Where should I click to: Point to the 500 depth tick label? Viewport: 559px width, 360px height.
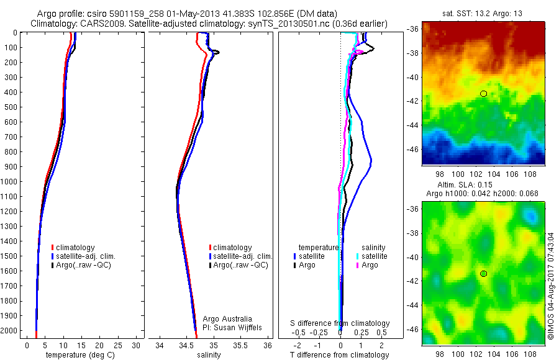[x=10, y=107]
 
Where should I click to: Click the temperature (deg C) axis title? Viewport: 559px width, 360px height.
[x=78, y=355]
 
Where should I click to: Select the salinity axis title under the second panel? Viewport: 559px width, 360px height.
[x=209, y=355]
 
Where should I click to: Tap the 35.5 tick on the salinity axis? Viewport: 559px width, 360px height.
[x=240, y=345]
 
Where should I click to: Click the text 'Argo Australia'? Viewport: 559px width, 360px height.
[x=228, y=318]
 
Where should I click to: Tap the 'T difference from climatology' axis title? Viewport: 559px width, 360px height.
[x=340, y=355]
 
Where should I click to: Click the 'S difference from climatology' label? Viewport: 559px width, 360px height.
[x=340, y=323]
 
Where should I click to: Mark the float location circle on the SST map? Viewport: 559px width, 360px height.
[x=483, y=94]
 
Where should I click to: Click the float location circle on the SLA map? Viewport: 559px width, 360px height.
[x=483, y=274]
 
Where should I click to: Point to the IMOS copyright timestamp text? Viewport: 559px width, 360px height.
[x=551, y=286]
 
